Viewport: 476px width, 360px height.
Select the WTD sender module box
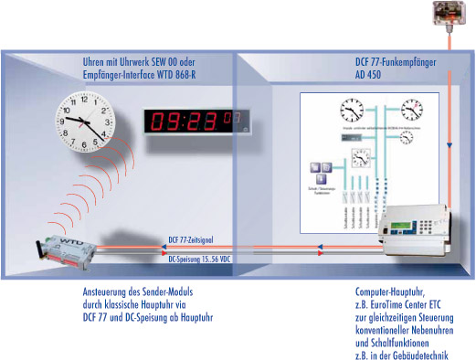pyautogui.click(x=64, y=249)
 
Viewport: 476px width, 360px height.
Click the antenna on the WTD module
pyautogui.click(x=42, y=241)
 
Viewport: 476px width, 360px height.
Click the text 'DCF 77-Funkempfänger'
pyautogui.click(x=400, y=64)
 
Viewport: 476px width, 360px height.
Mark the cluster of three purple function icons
pyautogui.click(x=321, y=170)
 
